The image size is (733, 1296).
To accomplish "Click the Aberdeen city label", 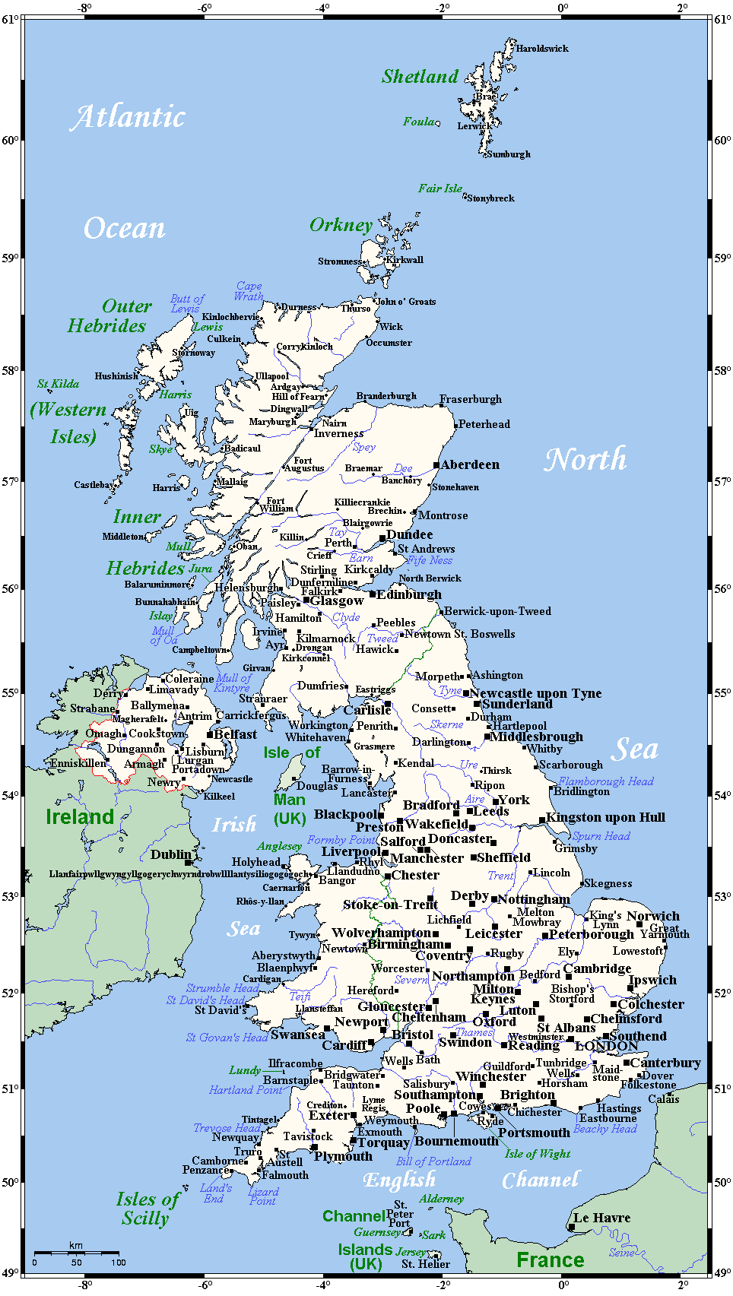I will pyautogui.click(x=470, y=464).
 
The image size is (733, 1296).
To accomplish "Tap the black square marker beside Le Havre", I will pyautogui.click(x=571, y=1226).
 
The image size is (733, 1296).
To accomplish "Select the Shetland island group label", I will pyautogui.click(x=420, y=76).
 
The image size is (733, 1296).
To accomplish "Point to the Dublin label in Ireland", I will pyautogui.click(x=171, y=854).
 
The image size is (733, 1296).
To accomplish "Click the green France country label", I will pyautogui.click(x=550, y=1260).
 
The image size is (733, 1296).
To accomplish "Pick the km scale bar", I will pyautogui.click(x=76, y=1251).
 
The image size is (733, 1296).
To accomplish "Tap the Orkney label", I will pyautogui.click(x=341, y=225).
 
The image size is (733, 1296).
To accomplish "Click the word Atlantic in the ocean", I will pyautogui.click(x=129, y=116).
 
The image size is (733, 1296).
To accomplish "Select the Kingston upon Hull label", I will pyautogui.click(x=605, y=817).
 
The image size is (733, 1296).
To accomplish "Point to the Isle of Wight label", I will pyautogui.click(x=538, y=1154).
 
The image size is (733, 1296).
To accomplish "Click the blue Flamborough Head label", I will pyautogui.click(x=606, y=781).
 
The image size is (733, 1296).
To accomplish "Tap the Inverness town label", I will pyautogui.click(x=338, y=433).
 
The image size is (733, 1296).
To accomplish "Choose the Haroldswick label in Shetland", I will pyautogui.click(x=542, y=49).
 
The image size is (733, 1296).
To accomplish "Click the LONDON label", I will pyautogui.click(x=607, y=1046).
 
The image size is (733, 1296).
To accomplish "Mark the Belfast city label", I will pyautogui.click(x=235, y=734).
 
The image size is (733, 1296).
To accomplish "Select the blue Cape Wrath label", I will pyautogui.click(x=249, y=291).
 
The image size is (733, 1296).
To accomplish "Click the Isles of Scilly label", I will pyautogui.click(x=147, y=1208).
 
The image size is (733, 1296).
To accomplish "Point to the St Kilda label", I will pyautogui.click(x=59, y=384).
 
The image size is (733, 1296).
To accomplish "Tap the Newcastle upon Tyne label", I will pyautogui.click(x=535, y=693).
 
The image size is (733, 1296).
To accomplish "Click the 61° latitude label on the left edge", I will pyautogui.click(x=11, y=20).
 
